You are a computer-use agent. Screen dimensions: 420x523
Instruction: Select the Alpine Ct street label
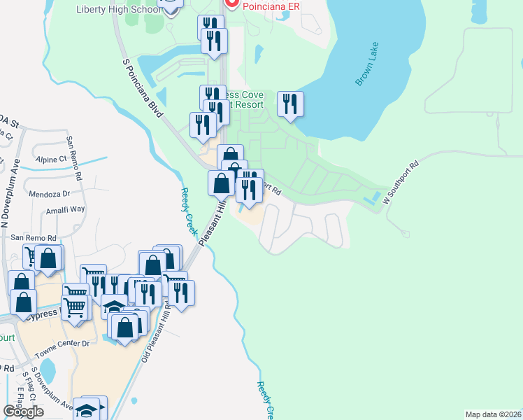point(52,159)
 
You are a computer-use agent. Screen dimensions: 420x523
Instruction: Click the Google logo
point(23,411)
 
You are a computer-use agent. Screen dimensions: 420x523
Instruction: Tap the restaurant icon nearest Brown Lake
point(290,104)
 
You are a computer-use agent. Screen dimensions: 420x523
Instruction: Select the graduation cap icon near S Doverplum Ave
point(89,409)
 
